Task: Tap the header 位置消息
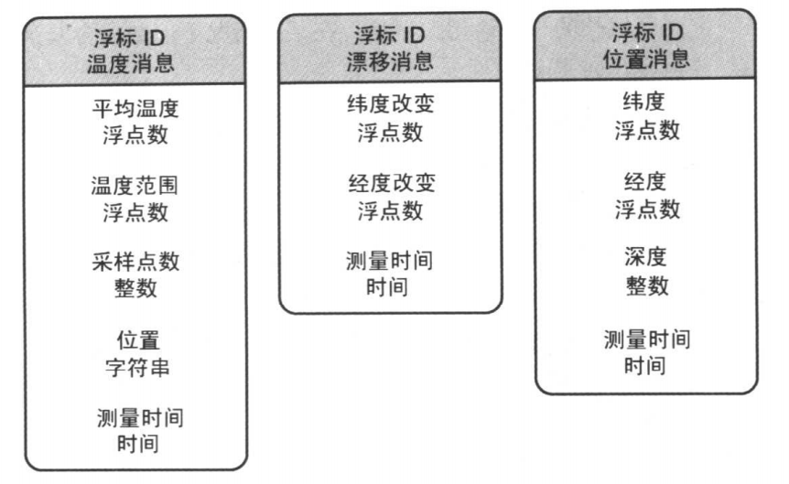[x=646, y=59]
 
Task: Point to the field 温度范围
[x=136, y=187]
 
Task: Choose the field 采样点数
[x=136, y=263]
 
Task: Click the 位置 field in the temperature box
[x=136, y=339]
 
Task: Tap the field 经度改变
[x=390, y=183]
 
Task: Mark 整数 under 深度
[x=646, y=285]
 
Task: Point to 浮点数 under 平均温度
[x=136, y=135]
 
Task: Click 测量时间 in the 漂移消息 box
[x=390, y=261]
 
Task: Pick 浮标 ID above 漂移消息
[x=390, y=37]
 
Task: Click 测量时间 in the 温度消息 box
[x=136, y=418]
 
